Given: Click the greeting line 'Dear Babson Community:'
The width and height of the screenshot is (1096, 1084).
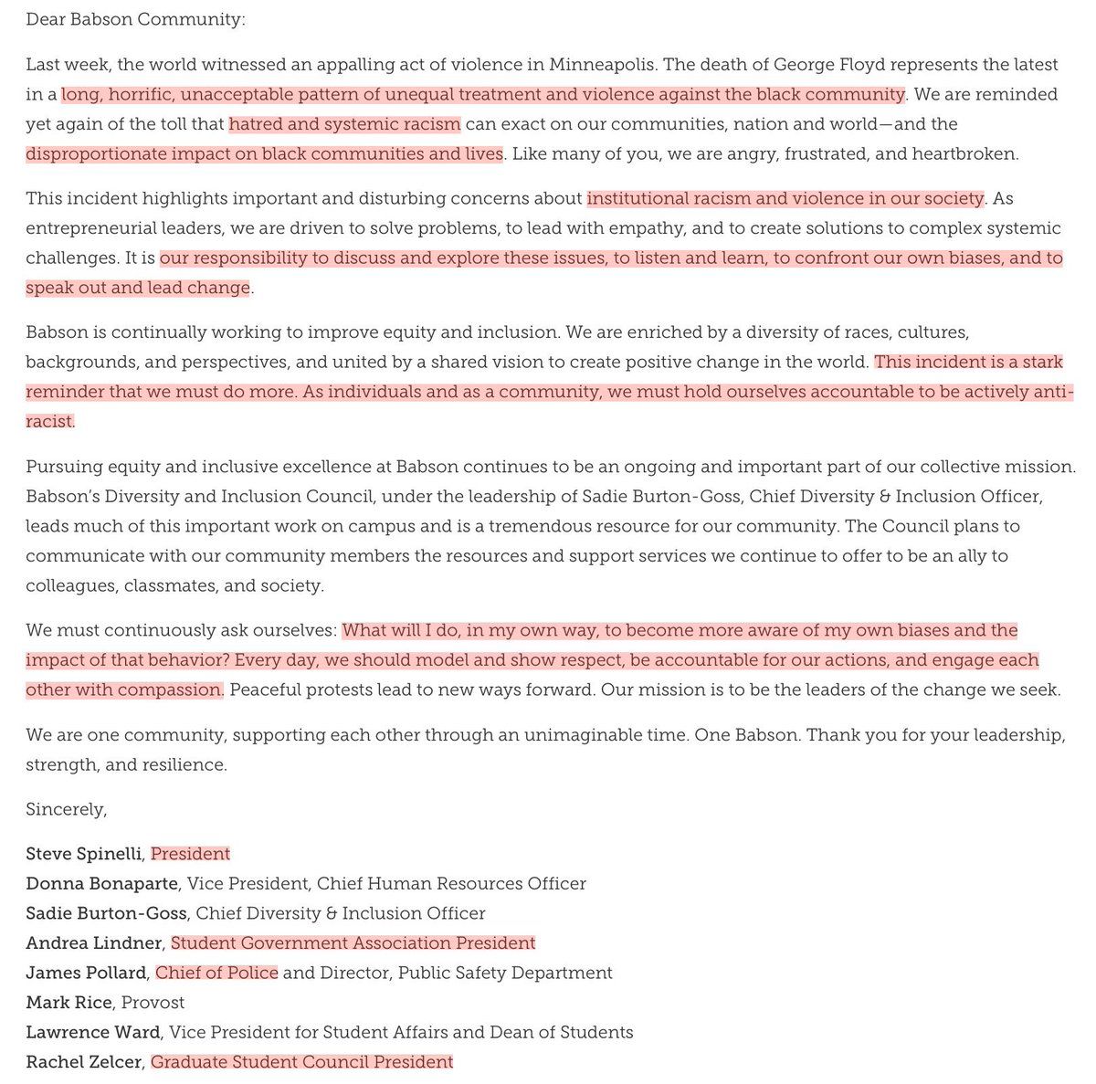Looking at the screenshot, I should [x=135, y=18].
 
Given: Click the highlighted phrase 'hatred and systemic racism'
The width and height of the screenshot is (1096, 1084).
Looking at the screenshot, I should [x=344, y=123].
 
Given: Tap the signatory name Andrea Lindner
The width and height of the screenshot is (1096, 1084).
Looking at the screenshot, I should [x=94, y=942].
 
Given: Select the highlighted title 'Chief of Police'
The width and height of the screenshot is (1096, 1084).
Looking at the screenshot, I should [x=216, y=973].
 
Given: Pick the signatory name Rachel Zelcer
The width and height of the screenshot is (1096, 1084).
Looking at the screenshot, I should [x=84, y=1061].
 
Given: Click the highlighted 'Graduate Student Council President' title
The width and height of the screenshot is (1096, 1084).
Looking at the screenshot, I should [x=301, y=1061].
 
